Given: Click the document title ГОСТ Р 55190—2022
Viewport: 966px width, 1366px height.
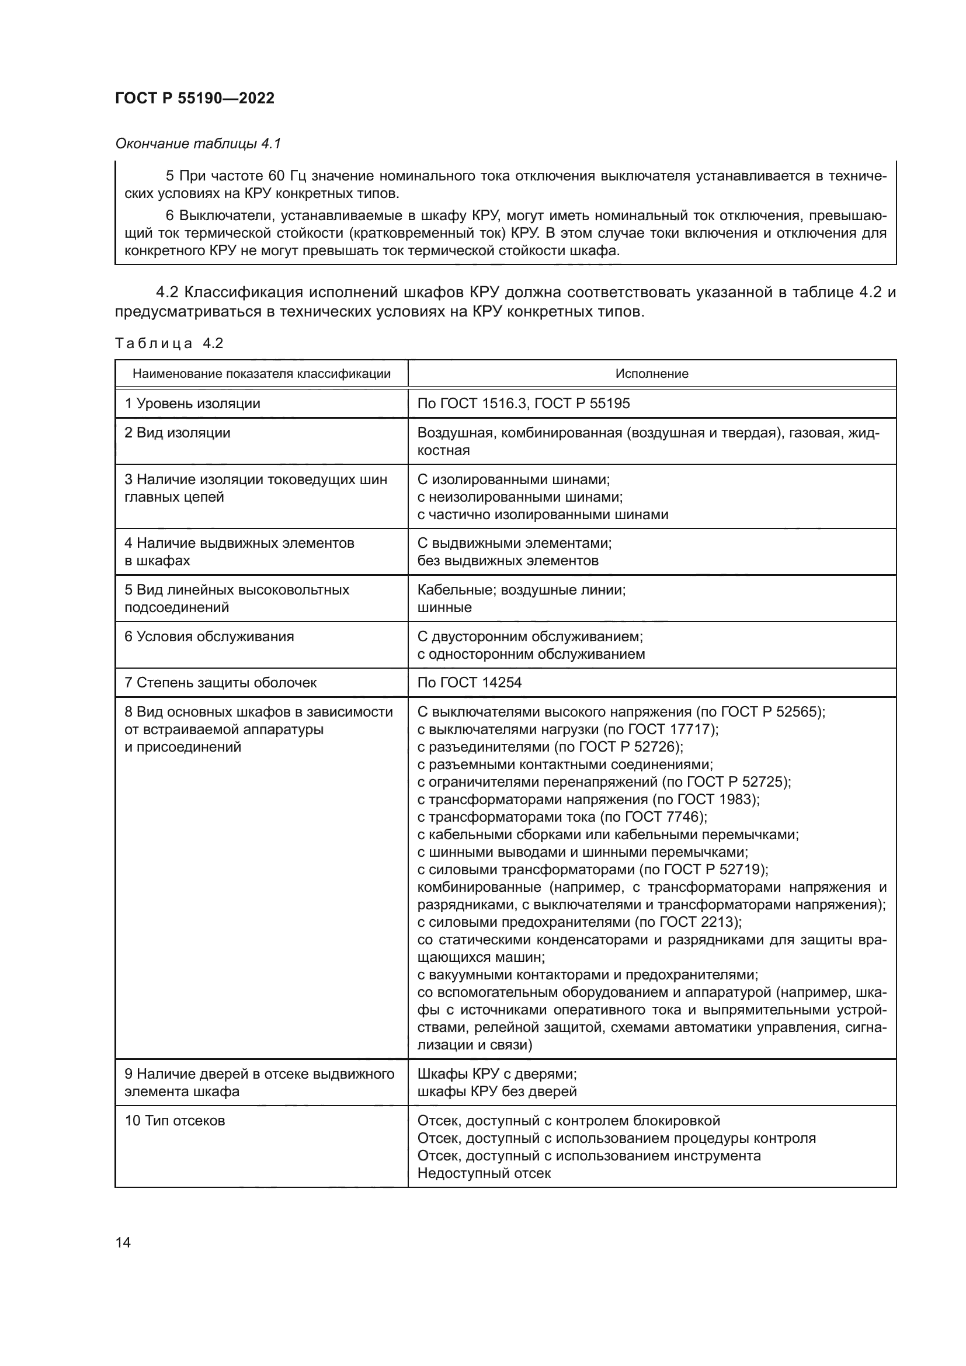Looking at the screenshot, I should coord(194,98).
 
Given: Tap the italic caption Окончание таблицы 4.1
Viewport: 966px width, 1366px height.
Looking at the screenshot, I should coord(197,144).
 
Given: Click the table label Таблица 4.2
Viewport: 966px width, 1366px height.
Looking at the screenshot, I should coord(169,343).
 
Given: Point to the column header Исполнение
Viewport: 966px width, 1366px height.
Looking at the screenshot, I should coord(651,374).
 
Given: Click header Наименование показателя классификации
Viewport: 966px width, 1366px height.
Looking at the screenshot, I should coord(261,374).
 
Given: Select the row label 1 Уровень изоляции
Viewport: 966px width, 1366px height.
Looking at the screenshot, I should coord(192,404).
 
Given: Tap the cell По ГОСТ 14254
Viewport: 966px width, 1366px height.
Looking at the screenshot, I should coord(470,682).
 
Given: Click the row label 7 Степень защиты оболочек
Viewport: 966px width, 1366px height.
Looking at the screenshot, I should coord(220,682).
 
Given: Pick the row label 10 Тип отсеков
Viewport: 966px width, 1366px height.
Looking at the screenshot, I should coord(174,1120).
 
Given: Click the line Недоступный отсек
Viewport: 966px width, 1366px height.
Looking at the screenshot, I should coord(484,1173).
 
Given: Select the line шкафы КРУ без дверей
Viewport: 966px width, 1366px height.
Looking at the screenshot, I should coord(496,1091).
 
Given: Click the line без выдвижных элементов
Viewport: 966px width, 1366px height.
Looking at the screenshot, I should coord(508,561).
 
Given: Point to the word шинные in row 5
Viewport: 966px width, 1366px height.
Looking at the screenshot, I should coord(444,607).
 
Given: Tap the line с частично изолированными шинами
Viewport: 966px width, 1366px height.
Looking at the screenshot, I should coord(543,514).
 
